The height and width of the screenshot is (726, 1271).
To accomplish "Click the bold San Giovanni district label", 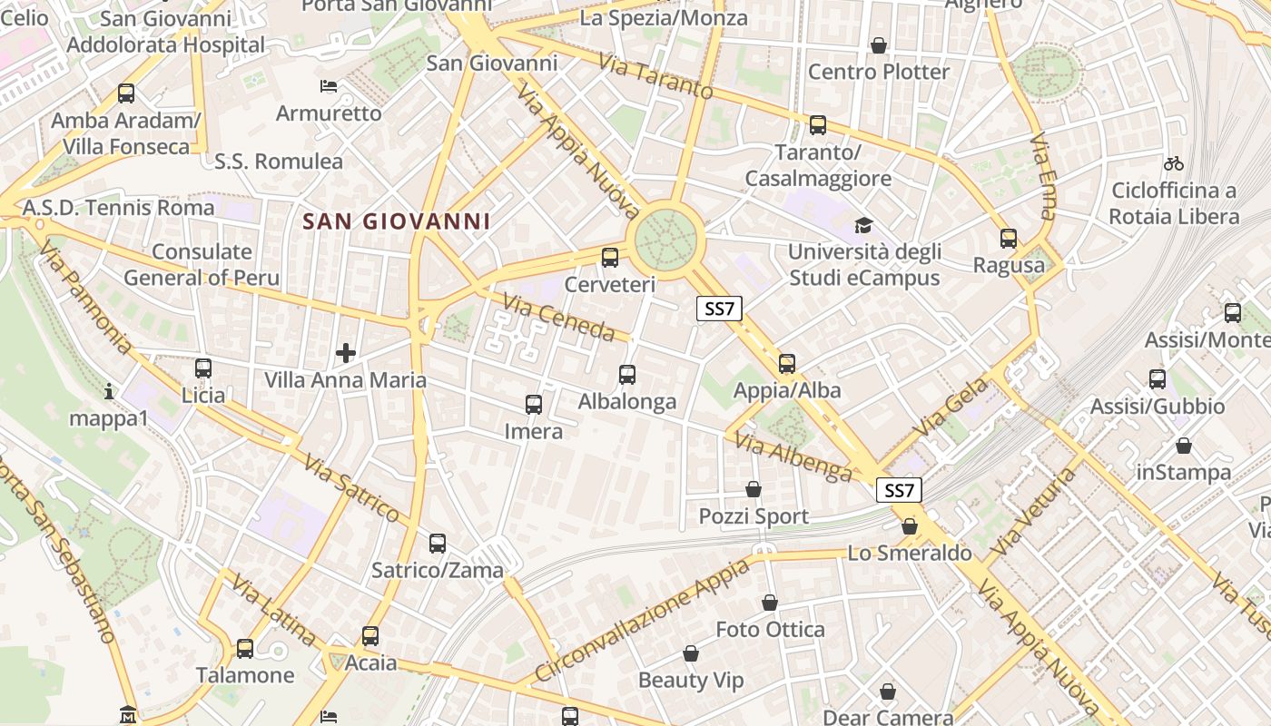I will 397,221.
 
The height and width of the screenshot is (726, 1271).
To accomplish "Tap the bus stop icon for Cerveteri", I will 610,258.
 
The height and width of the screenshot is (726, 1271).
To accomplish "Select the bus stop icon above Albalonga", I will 626,374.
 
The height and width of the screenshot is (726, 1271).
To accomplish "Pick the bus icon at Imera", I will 534,405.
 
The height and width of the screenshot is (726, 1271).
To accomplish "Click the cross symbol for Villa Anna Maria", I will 346,352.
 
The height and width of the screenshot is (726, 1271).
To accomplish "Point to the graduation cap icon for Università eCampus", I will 862,225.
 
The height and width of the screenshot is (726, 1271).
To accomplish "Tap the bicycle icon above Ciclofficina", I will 1173,164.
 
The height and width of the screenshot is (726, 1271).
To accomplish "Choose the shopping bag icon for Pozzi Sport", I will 754,490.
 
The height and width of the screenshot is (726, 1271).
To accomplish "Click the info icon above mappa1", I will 109,391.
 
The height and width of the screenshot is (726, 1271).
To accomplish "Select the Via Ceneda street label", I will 558,319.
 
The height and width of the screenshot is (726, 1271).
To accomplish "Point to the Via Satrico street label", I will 351,487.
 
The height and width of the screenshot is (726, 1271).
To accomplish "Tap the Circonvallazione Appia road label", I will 642,620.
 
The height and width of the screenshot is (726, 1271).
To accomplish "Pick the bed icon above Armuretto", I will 329,87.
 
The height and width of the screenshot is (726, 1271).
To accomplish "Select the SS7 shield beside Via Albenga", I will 899,491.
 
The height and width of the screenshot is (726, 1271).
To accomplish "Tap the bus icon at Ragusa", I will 1009,239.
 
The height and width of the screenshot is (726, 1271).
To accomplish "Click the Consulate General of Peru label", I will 202,265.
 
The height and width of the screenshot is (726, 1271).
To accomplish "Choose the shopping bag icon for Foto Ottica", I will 770,603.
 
